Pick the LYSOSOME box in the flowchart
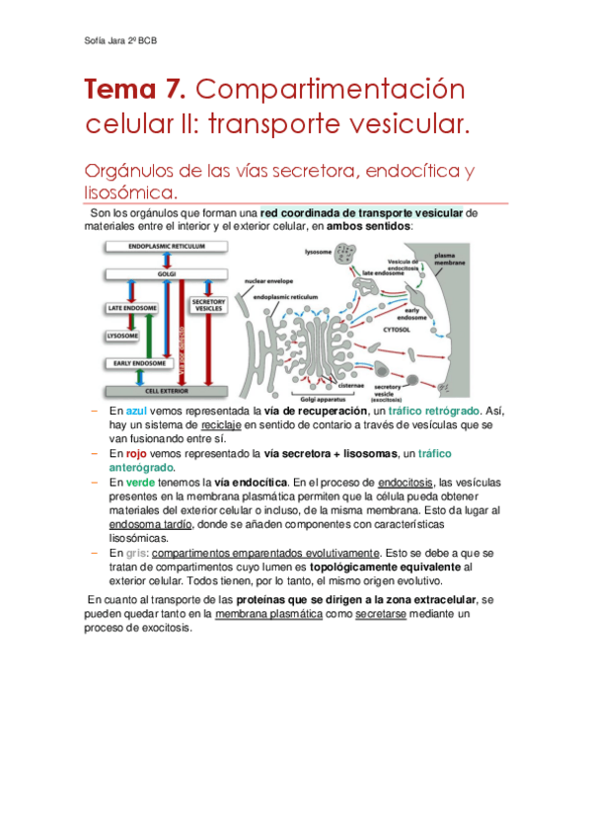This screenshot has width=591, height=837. coord(122,336)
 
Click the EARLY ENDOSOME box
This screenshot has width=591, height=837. coord(132,363)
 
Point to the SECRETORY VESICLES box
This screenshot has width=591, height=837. coord(208,305)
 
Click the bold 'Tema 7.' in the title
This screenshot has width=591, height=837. coord(135,91)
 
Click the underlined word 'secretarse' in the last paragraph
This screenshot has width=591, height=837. coord(382,614)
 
